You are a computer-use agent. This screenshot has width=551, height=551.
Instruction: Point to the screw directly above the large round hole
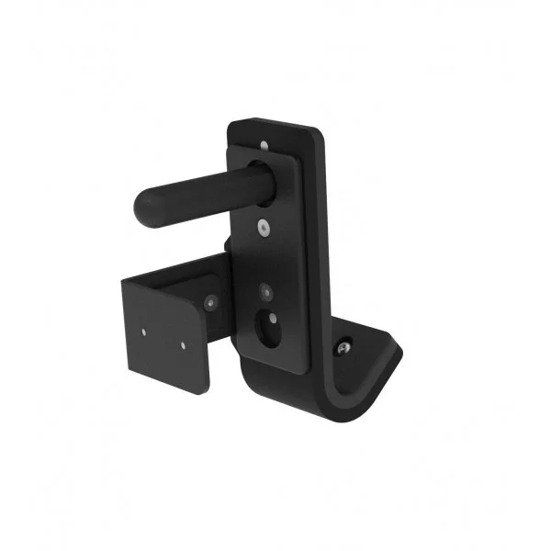266,292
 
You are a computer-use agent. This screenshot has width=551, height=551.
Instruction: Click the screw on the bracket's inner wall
212,300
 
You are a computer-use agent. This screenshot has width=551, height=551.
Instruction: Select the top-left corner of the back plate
230,123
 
